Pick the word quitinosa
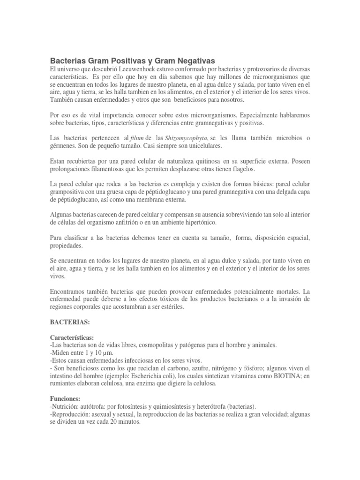pyautogui.click(x=204, y=160)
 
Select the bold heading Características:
pyautogui.click(x=72, y=337)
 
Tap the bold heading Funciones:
pyautogui.click(x=65, y=385)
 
